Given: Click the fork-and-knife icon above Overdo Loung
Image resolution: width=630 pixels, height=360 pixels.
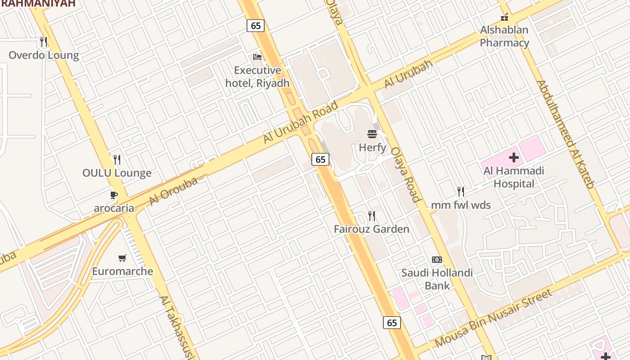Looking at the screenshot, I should point(44,42).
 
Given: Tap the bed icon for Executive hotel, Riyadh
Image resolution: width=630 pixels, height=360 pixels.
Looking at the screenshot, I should point(257,57).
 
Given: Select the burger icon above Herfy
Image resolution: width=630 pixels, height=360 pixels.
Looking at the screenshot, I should point(372,134).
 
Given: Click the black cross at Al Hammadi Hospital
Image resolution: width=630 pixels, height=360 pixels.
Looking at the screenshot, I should point(514,157).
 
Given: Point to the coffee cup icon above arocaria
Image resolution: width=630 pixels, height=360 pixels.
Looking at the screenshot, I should point(114,195).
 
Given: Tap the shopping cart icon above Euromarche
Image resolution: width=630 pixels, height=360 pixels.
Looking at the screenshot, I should point(122,258).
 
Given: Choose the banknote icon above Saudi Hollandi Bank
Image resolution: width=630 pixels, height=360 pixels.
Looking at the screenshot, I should point(437,260).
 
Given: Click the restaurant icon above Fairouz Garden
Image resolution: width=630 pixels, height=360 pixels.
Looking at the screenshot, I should point(372,216).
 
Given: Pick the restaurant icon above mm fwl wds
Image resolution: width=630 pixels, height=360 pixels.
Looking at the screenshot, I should point(461,192).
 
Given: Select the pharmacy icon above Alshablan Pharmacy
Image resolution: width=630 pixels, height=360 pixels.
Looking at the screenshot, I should point(504,17).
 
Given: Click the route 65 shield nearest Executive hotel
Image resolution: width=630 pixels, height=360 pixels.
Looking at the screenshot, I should point(256,26).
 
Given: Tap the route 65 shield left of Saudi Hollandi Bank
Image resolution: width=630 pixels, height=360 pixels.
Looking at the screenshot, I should point(392,322).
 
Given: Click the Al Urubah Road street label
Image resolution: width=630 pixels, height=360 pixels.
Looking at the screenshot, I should point(301,122).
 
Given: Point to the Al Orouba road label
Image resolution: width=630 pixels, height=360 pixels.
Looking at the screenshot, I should point(173,191).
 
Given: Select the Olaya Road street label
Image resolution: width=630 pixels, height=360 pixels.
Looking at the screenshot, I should point(405,175).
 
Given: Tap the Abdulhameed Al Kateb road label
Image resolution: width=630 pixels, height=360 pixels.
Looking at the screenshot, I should point(566,134).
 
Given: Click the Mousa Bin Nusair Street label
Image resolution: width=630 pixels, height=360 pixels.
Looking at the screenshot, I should point(493,319).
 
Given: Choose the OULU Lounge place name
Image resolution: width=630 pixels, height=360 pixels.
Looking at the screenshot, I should point(117,173).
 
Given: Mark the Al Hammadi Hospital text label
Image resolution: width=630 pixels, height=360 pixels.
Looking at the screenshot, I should point(514,177).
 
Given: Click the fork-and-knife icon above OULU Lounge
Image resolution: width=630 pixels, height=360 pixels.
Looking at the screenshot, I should point(117,160).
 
